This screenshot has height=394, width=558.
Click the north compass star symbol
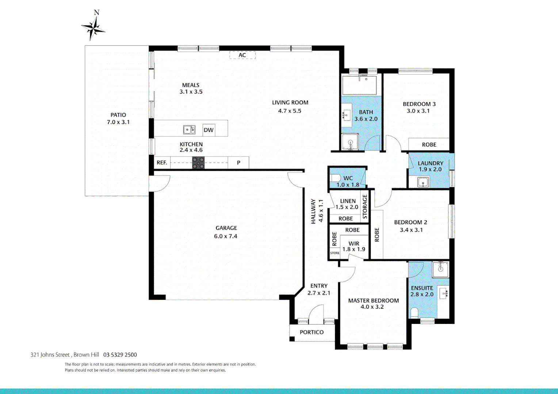coord(93,28)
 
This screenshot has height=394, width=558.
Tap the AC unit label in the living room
coord(242,55)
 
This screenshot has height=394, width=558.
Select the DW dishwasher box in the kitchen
coord(209,130)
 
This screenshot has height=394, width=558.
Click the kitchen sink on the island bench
coord(189,130)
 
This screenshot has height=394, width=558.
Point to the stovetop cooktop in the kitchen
coord(198,163)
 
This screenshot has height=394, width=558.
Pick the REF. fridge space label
coord(162,163)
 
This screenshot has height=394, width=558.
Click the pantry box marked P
coord(238,163)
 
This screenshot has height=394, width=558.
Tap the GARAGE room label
coord(226,228)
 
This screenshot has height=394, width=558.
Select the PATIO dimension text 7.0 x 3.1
coord(118,122)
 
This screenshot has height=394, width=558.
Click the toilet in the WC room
coord(335,178)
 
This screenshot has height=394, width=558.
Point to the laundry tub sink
coord(423,182)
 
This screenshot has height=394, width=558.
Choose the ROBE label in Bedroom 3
coord(429,145)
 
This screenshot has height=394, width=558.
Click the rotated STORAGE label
coord(364,206)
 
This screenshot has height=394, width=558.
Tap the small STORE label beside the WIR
coord(335,253)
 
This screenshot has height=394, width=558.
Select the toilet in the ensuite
coord(414,313)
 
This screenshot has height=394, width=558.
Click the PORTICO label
coord(312,332)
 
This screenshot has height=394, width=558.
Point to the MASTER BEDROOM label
coord(373,301)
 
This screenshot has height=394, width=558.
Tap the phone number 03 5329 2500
coord(120,355)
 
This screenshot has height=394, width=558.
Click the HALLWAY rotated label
coord(313,211)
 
